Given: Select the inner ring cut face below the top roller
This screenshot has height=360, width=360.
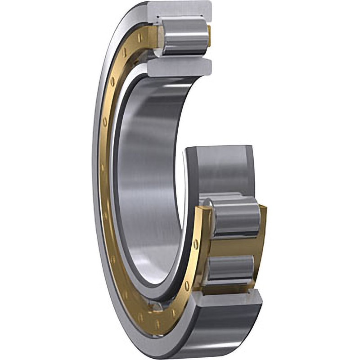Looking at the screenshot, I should [x=180, y=67].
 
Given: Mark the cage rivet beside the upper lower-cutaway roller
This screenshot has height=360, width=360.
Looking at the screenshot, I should [x=196, y=244].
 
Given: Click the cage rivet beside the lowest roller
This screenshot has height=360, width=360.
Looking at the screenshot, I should [x=187, y=284].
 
